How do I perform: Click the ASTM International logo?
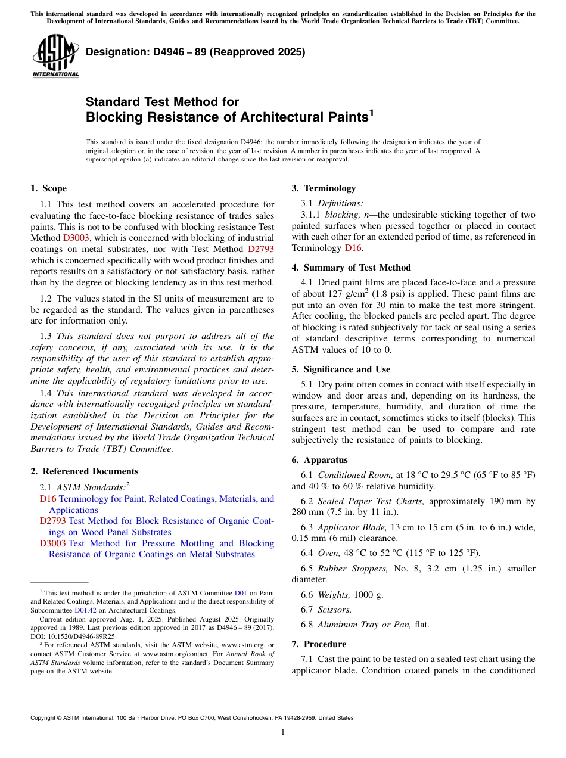(55, 57)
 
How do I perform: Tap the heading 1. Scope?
(48, 188)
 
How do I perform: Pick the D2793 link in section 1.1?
(261, 249)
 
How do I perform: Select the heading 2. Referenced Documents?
(84, 471)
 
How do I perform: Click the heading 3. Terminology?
(324, 188)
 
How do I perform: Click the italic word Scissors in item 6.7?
(334, 609)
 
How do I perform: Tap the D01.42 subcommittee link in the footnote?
(83, 610)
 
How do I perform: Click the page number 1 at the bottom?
(283, 732)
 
